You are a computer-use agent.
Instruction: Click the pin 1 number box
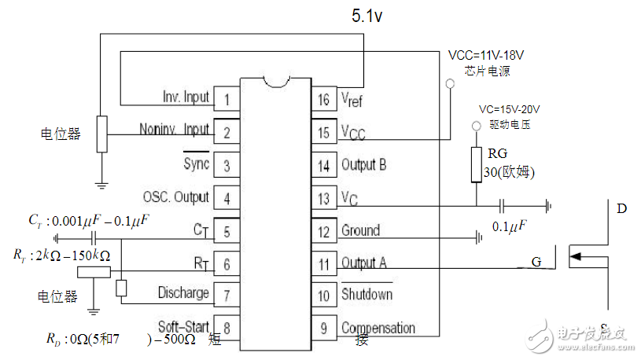click(x=227, y=100)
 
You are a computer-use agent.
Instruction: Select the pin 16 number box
click(x=323, y=100)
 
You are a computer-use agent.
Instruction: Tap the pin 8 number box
click(x=227, y=327)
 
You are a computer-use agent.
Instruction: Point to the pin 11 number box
click(x=323, y=263)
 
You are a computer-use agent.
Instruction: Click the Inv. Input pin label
click(x=186, y=97)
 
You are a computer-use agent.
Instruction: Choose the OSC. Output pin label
click(x=176, y=197)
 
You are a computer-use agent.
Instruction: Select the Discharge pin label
click(x=183, y=293)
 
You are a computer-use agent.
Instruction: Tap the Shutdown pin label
click(x=366, y=295)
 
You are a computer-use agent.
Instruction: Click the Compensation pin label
click(x=378, y=328)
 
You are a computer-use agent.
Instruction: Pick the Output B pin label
click(x=363, y=165)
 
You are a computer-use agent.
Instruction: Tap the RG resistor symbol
click(x=476, y=164)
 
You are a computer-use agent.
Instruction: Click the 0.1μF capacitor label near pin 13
click(x=509, y=226)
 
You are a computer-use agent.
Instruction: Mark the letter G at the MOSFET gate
click(x=536, y=262)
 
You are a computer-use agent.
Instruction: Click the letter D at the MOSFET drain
click(x=621, y=209)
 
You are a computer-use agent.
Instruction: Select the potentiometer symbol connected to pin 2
click(x=101, y=134)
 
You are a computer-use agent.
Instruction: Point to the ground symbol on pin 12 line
click(x=477, y=237)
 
